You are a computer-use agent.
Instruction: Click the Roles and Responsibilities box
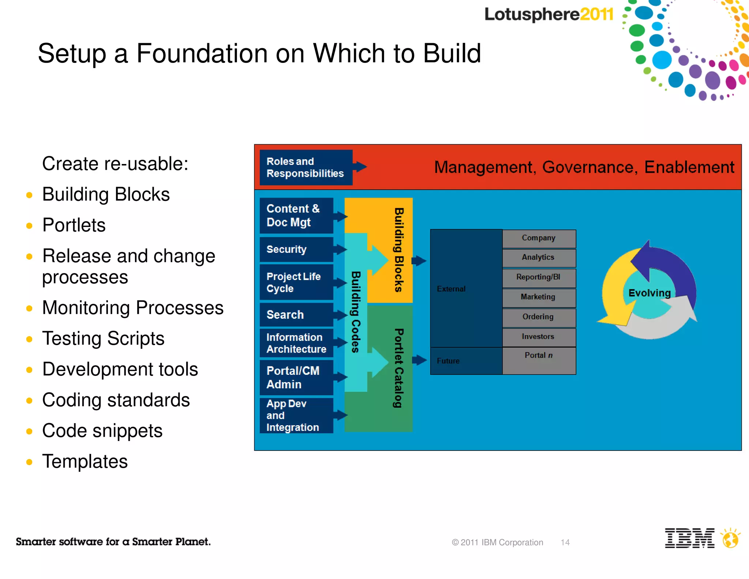point(306,167)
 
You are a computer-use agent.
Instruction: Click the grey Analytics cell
point(539,258)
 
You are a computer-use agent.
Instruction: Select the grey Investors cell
point(539,337)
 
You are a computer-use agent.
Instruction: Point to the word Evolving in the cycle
point(650,293)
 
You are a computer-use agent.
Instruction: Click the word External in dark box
point(451,289)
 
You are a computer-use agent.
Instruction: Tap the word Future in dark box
point(448,361)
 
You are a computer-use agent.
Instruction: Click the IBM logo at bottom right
point(689,538)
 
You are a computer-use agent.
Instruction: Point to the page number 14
point(565,542)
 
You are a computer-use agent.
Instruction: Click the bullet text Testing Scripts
point(103,339)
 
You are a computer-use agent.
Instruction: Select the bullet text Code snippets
point(102,431)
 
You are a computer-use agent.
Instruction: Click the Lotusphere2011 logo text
point(549,15)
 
